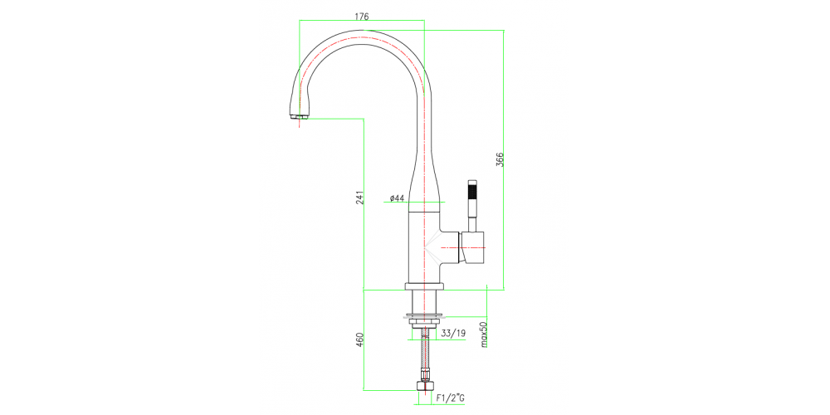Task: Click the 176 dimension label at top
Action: pos(361,16)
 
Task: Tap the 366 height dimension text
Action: pos(500,160)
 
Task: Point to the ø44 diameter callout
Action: pos(396,198)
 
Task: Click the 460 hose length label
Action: pos(359,339)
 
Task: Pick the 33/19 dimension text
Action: pos(453,335)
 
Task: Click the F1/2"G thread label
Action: pos(451,399)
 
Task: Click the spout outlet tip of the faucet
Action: pos(299,117)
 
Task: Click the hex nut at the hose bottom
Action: pos(425,386)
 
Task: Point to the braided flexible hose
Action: pos(426,357)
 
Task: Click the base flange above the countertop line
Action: pos(425,286)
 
